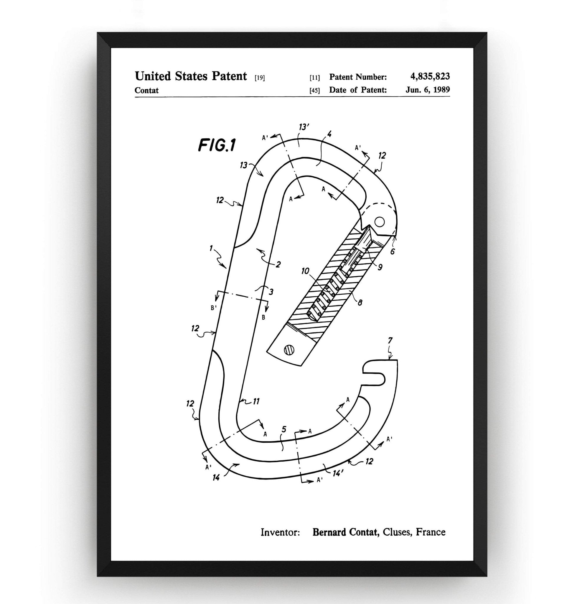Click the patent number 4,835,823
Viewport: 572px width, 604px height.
point(430,76)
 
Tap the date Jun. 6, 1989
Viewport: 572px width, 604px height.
point(428,90)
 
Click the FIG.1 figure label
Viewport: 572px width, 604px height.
point(217,145)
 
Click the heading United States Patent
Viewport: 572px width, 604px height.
point(191,76)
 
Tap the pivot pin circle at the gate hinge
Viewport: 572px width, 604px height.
point(379,221)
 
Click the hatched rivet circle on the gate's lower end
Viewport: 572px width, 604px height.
point(289,350)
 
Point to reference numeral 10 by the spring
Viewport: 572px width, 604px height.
point(305,271)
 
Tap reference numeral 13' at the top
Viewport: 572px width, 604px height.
point(304,127)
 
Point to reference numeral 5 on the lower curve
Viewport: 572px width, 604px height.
point(284,429)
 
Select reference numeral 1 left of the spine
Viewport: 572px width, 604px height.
point(211,248)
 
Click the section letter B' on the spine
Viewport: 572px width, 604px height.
point(214,308)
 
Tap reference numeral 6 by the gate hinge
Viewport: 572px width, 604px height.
point(393,252)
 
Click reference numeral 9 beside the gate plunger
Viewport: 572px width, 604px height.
point(380,267)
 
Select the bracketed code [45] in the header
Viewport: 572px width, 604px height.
point(315,91)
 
